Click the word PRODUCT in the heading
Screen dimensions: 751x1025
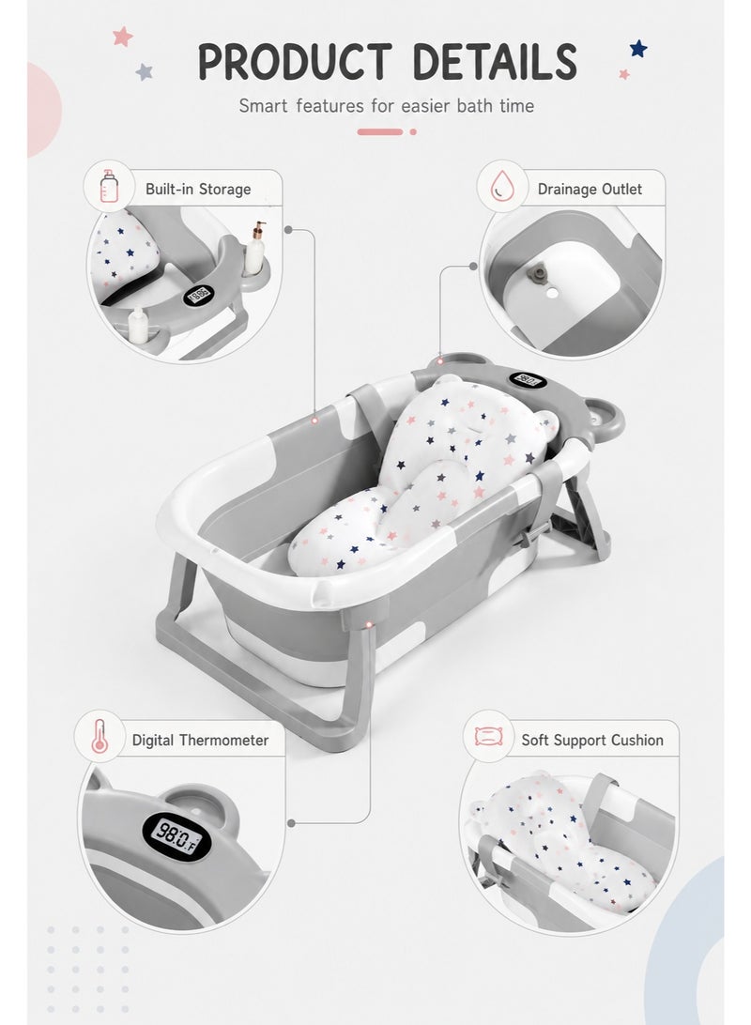(x=295, y=62)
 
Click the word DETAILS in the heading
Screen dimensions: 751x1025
(x=495, y=62)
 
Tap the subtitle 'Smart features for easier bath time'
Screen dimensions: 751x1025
(x=386, y=106)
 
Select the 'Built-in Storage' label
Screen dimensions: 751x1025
(x=198, y=189)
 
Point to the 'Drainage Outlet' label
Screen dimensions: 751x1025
(x=590, y=189)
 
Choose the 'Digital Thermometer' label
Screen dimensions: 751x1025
(x=200, y=740)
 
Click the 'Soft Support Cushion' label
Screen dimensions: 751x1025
(x=592, y=740)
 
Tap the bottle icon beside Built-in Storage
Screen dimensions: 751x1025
(x=109, y=186)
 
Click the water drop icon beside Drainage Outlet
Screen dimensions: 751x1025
(x=502, y=186)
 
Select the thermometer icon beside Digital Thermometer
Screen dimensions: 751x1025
(x=100, y=736)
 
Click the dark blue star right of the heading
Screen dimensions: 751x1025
(x=638, y=49)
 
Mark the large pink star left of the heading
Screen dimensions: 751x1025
(x=122, y=36)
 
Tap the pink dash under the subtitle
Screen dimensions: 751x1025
(x=380, y=132)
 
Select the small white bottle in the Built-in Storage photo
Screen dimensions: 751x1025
(x=138, y=324)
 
